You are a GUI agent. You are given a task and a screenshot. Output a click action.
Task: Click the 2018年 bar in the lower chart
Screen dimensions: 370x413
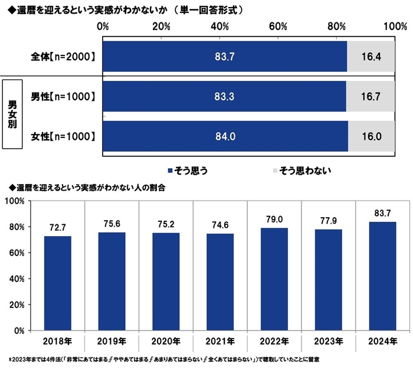(x=58, y=283)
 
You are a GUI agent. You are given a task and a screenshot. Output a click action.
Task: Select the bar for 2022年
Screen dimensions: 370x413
(x=274, y=279)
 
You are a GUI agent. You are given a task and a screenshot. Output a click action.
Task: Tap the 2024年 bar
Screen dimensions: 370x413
(x=382, y=276)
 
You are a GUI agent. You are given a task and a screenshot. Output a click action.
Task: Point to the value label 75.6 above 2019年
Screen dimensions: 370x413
(x=112, y=224)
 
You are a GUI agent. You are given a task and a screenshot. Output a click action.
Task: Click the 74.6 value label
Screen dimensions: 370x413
(x=220, y=225)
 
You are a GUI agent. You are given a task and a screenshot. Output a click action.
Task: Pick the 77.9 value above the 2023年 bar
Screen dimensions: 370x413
(x=327, y=221)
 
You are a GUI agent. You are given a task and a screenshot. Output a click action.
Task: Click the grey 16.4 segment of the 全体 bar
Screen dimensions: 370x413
(x=371, y=57)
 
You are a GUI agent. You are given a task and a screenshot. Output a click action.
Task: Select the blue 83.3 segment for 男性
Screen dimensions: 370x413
(x=224, y=97)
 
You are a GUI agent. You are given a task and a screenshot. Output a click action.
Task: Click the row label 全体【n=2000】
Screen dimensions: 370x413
(x=63, y=57)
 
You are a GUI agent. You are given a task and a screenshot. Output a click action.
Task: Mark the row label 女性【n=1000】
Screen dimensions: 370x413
(x=63, y=137)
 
